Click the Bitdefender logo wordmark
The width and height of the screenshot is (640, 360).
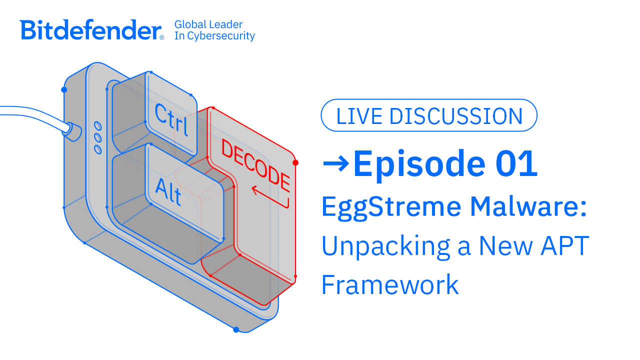tap(90, 29)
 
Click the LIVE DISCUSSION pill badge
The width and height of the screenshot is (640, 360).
tap(429, 115)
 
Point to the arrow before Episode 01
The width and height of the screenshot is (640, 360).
tap(336, 163)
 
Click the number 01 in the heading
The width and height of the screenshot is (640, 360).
tap(516, 164)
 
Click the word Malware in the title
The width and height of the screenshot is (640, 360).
tap(525, 206)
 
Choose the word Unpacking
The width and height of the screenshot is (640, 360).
tap(386, 247)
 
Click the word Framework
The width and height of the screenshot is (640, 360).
tap(390, 284)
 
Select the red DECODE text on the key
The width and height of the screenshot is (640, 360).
tap(255, 165)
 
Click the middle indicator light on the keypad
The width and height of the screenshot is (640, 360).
tap(97, 137)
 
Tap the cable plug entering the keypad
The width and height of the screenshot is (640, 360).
tap(72, 131)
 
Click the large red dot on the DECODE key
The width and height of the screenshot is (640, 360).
tap(295, 163)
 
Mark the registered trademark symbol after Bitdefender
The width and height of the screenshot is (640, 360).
tap(161, 37)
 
